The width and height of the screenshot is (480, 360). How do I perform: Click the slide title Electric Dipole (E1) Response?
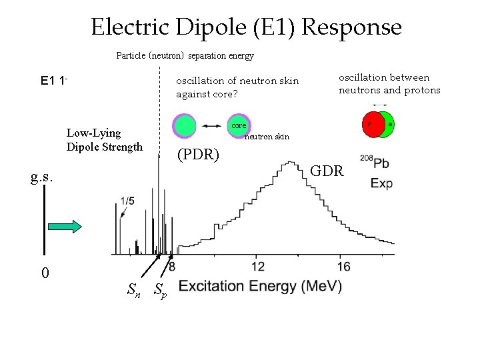[x=246, y=27]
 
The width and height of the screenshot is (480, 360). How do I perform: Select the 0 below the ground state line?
[x=45, y=273]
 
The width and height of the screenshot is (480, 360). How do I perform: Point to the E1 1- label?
[x=55, y=81]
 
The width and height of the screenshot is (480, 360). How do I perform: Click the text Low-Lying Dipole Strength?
[x=104, y=139]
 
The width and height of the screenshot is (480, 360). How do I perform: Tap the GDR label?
[x=329, y=171]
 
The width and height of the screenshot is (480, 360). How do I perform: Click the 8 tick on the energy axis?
[x=171, y=267]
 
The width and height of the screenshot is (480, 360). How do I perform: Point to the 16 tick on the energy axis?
[x=344, y=267]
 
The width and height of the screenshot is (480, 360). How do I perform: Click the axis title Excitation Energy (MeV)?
[x=260, y=286]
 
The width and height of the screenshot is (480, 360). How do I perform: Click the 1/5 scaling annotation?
[x=127, y=199]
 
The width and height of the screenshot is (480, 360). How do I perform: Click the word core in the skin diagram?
[x=239, y=125]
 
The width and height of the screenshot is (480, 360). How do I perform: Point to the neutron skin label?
[x=267, y=137]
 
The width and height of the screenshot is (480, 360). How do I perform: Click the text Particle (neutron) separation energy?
[x=185, y=55]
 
